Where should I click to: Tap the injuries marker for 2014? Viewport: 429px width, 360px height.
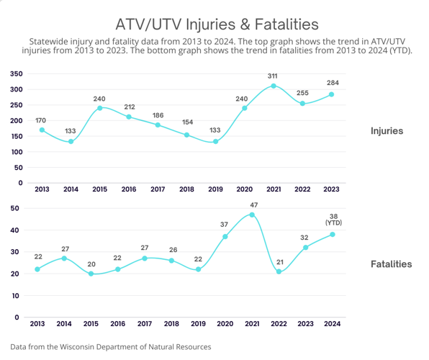71,141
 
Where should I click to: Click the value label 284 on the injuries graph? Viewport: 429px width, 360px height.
332,83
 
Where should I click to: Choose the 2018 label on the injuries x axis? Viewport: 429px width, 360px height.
186,189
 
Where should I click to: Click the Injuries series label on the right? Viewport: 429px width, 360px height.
387,131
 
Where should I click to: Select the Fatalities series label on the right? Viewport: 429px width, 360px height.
391,264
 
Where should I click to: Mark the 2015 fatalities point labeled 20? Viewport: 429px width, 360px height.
91,274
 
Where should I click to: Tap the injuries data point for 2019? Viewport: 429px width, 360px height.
216,141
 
